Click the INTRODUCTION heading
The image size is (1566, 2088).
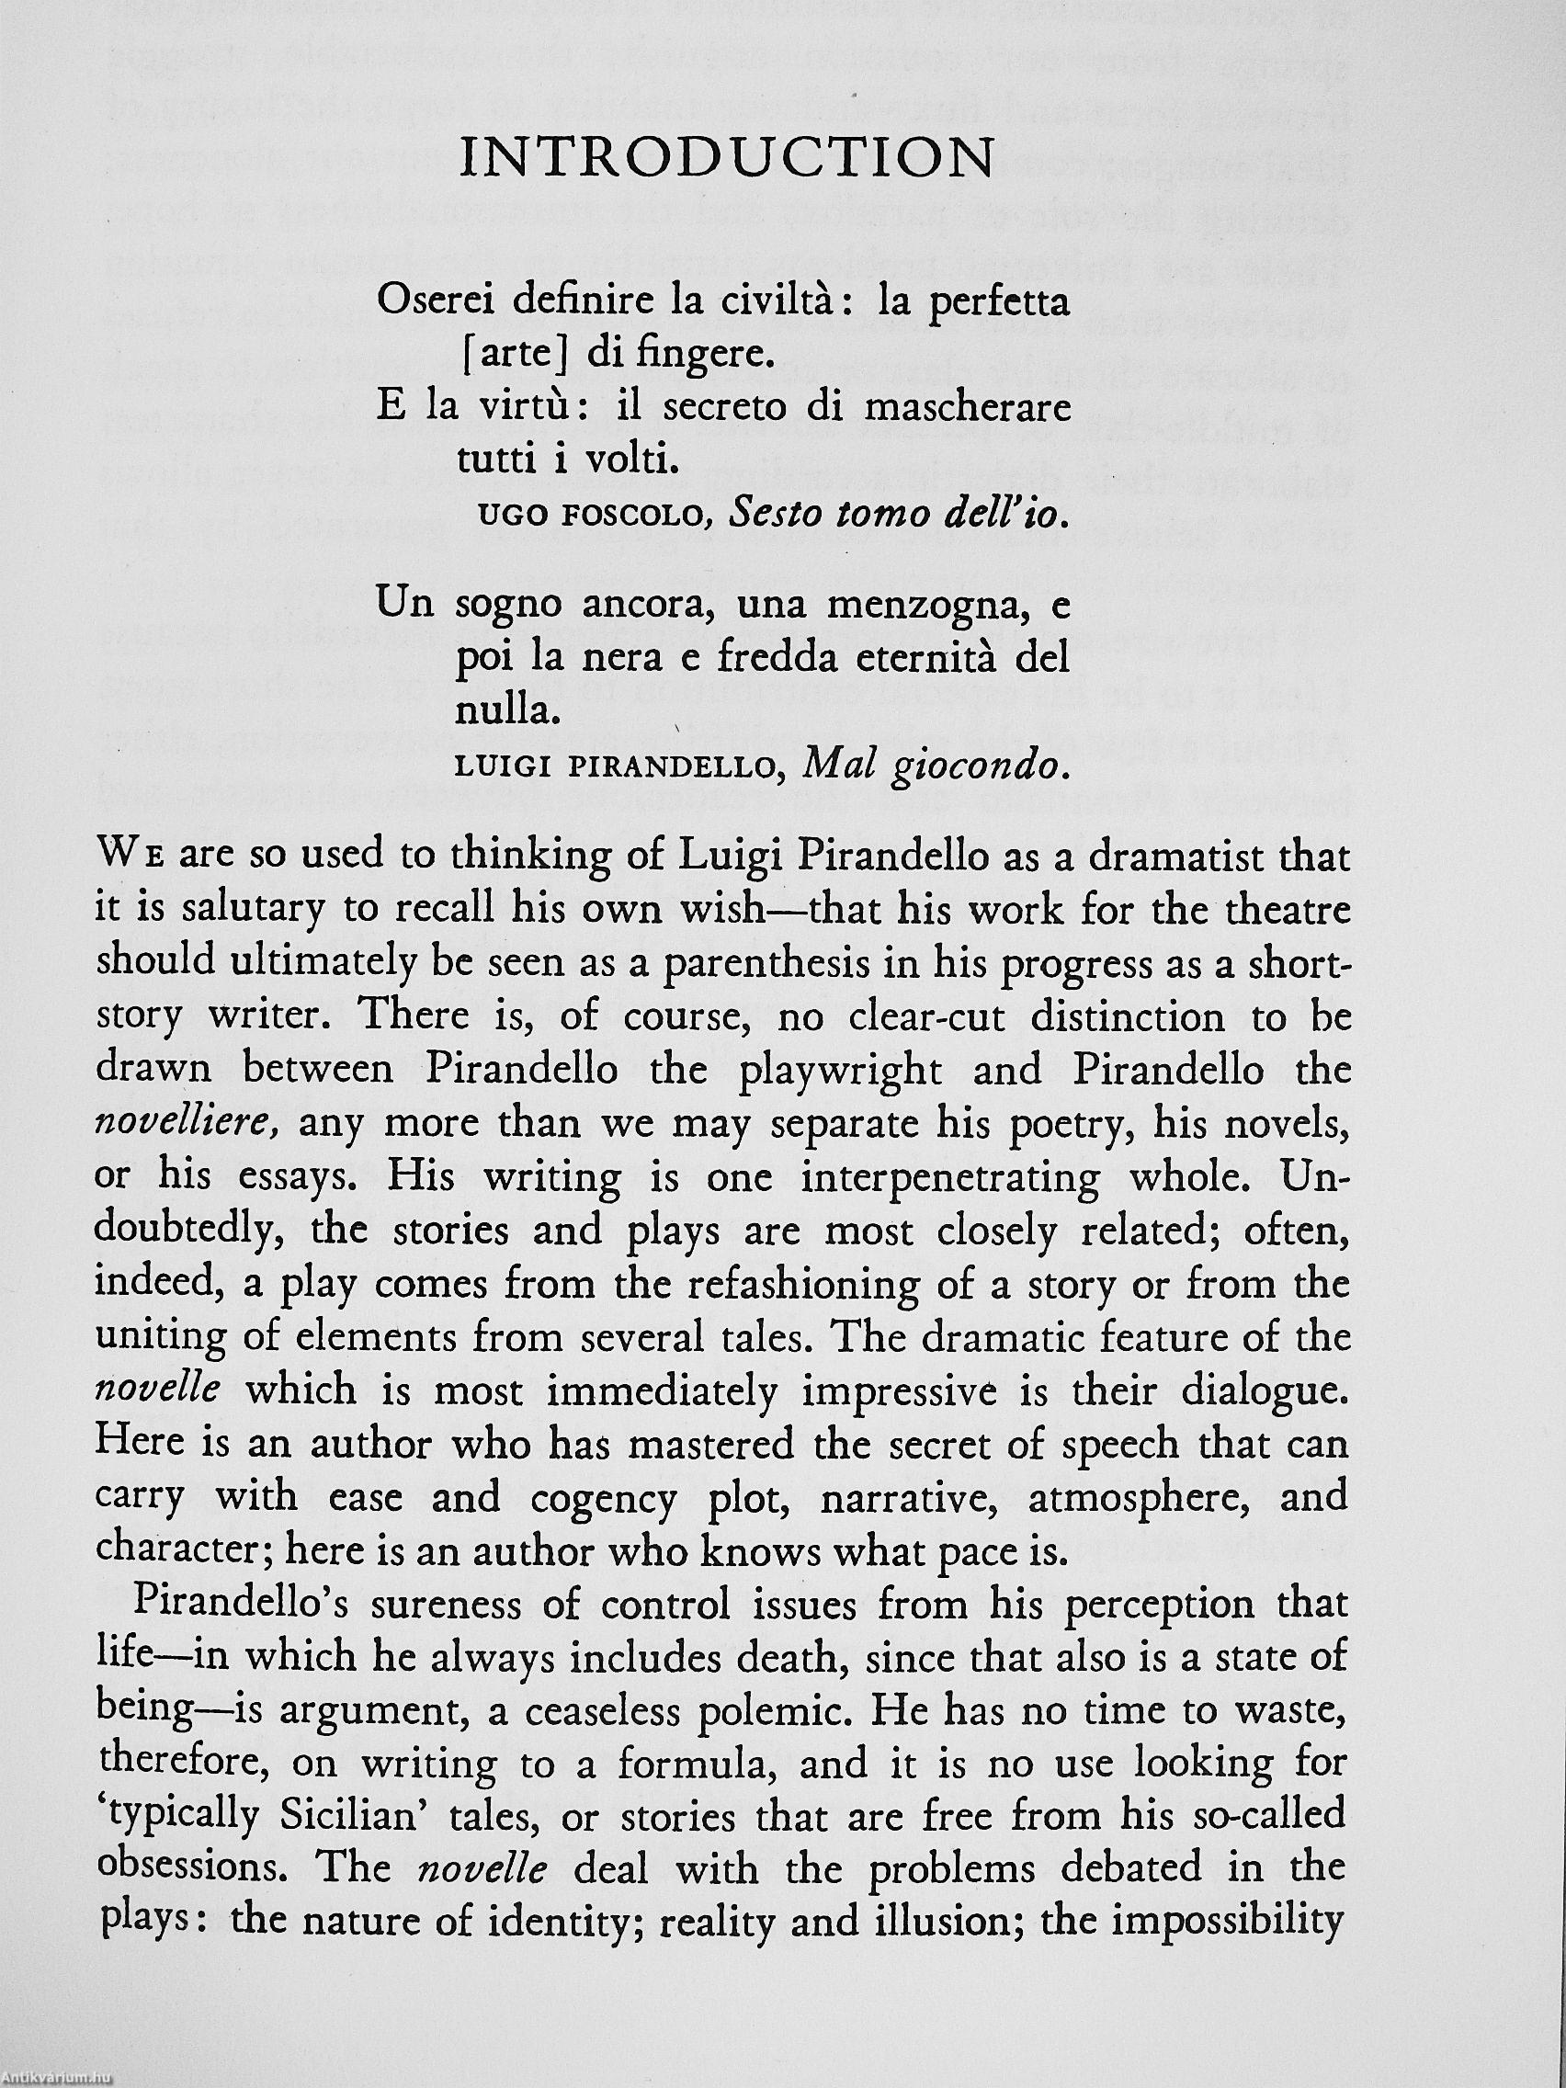[x=725, y=159]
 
